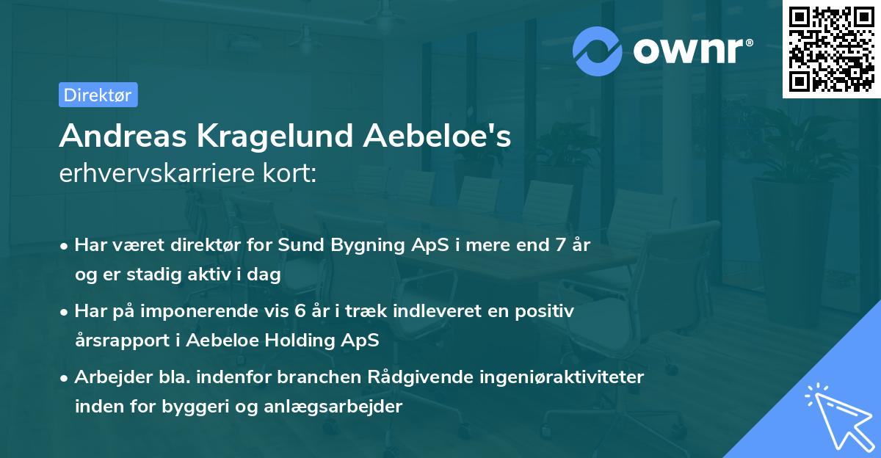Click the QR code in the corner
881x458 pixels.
831,49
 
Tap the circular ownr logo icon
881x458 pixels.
598,51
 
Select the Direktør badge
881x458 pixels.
98,95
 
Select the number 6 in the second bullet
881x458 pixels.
300,311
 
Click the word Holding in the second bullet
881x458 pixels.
302,341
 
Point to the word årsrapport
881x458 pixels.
117,341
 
